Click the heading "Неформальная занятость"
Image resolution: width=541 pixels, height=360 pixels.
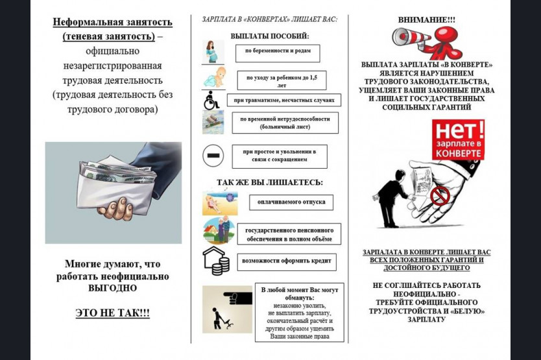[112, 21]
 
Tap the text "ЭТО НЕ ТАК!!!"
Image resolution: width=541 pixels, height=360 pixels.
[112, 313]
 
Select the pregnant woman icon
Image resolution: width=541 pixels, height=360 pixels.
[213, 51]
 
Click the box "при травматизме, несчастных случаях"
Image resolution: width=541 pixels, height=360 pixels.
[283, 100]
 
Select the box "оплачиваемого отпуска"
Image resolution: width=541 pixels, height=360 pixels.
[291, 202]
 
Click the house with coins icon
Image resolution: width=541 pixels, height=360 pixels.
[215, 261]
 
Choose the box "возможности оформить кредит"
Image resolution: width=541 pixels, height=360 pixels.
[287, 262]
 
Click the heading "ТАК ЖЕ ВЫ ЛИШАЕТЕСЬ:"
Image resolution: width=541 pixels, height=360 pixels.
[269, 182]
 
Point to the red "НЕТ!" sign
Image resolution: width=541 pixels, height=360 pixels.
[458, 139]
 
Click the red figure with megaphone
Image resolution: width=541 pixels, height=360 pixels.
[443, 40]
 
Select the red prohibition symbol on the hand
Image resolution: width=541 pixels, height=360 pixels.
[440, 195]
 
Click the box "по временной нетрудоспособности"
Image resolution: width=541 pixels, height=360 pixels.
[285, 123]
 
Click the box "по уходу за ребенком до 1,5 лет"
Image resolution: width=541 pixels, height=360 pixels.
[281, 80]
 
